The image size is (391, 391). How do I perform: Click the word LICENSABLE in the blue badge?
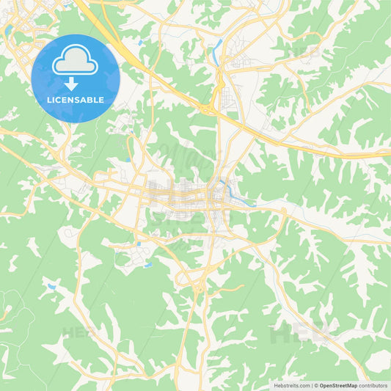point(76,99)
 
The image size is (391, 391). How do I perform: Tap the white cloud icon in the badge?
point(75,62)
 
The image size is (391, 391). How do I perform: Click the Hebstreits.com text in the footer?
point(290,385)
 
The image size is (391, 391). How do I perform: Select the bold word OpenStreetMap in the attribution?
point(337,385)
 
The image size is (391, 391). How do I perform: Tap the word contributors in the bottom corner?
point(373,385)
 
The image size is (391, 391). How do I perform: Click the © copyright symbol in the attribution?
point(315,385)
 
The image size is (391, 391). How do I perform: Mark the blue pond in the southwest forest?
point(51,286)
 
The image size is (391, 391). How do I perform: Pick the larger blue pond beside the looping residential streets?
point(147,265)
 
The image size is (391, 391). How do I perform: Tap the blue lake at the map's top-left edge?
point(7,32)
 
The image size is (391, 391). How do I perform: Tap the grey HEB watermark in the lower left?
point(73,334)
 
